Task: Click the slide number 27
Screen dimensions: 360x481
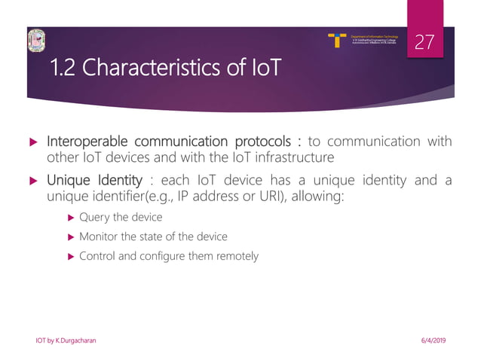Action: tap(425, 42)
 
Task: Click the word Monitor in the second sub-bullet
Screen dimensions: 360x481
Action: tap(100, 236)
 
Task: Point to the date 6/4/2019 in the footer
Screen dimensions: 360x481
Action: tap(431, 341)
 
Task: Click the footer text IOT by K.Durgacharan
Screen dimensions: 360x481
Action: tap(66, 341)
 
